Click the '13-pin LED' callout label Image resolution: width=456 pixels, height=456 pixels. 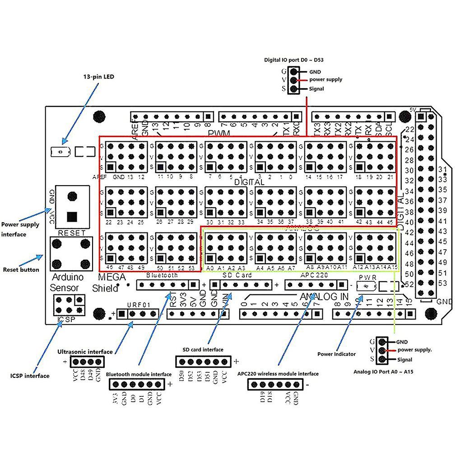pyautogui.click(x=99, y=77)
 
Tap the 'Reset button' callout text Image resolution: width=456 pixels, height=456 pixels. pyautogui.click(x=21, y=270)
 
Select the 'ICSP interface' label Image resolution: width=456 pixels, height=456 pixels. pyautogui.click(x=30, y=376)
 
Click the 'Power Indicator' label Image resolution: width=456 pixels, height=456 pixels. pyautogui.click(x=336, y=354)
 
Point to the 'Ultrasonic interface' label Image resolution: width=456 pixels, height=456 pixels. pyautogui.click(x=85, y=351)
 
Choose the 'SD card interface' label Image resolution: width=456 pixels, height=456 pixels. pyautogui.click(x=203, y=349)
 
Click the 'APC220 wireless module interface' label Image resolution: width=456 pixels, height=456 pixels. pyautogui.click(x=278, y=373)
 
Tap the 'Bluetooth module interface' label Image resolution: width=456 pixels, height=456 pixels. pyautogui.click(x=139, y=374)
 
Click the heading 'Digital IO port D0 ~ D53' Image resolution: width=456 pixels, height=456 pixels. pyautogui.click(x=294, y=60)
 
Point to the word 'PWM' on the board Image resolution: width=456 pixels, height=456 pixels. pyautogui.click(x=219, y=133)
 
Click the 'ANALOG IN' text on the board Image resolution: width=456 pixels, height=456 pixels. pyautogui.click(x=324, y=296)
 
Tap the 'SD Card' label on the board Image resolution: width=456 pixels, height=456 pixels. pyautogui.click(x=237, y=275)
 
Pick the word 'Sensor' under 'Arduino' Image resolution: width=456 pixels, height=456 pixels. pyautogui.click(x=65, y=288)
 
